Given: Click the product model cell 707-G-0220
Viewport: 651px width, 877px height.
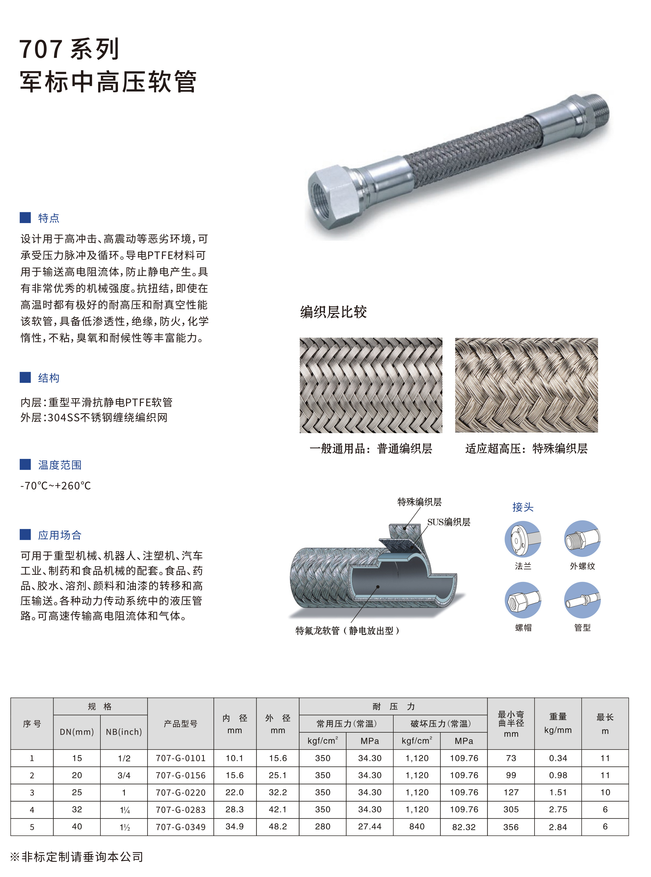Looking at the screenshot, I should click(x=181, y=792).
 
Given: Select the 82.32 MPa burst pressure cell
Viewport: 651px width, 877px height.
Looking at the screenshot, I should click(x=464, y=827).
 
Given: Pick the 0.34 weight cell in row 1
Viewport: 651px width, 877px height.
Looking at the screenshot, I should click(x=558, y=758).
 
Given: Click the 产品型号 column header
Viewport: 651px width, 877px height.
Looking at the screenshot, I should click(x=181, y=723).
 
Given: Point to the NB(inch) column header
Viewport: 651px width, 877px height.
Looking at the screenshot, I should click(x=124, y=732).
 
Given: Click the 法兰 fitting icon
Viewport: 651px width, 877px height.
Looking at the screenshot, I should click(x=523, y=539).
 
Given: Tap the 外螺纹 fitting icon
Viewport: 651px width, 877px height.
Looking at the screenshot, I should click(x=582, y=538).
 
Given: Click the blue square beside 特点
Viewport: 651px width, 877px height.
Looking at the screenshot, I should click(x=25, y=218).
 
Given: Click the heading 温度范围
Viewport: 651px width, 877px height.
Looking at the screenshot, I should click(x=60, y=465).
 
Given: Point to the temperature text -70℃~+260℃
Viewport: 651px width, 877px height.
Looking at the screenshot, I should click(x=55, y=486).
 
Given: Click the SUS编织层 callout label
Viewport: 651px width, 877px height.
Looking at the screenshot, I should click(x=449, y=522).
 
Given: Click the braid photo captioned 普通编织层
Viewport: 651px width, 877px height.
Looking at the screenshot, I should click(x=371, y=385).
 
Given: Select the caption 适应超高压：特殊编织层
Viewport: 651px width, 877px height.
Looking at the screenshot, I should click(x=526, y=448).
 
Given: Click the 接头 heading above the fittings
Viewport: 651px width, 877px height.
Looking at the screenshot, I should click(x=523, y=507).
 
